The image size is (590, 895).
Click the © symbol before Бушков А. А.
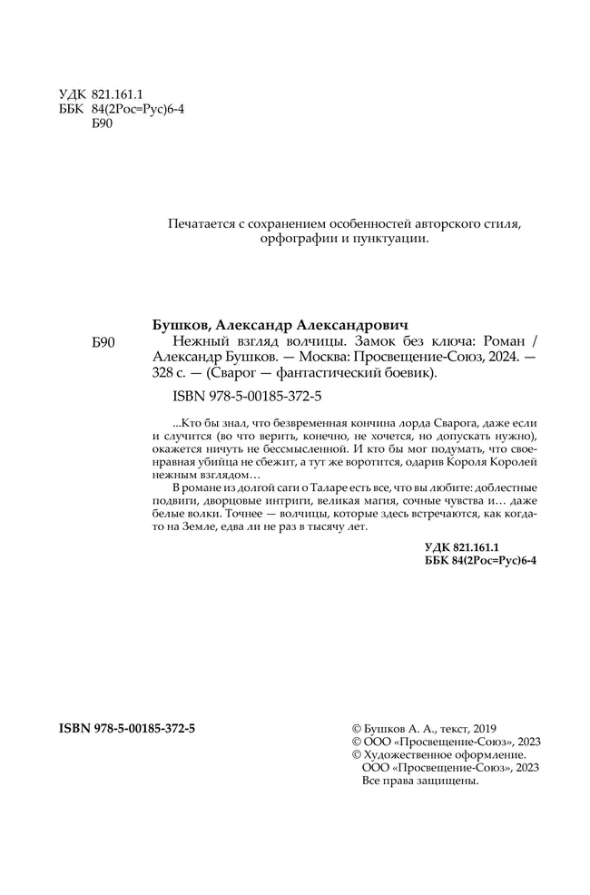355,729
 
